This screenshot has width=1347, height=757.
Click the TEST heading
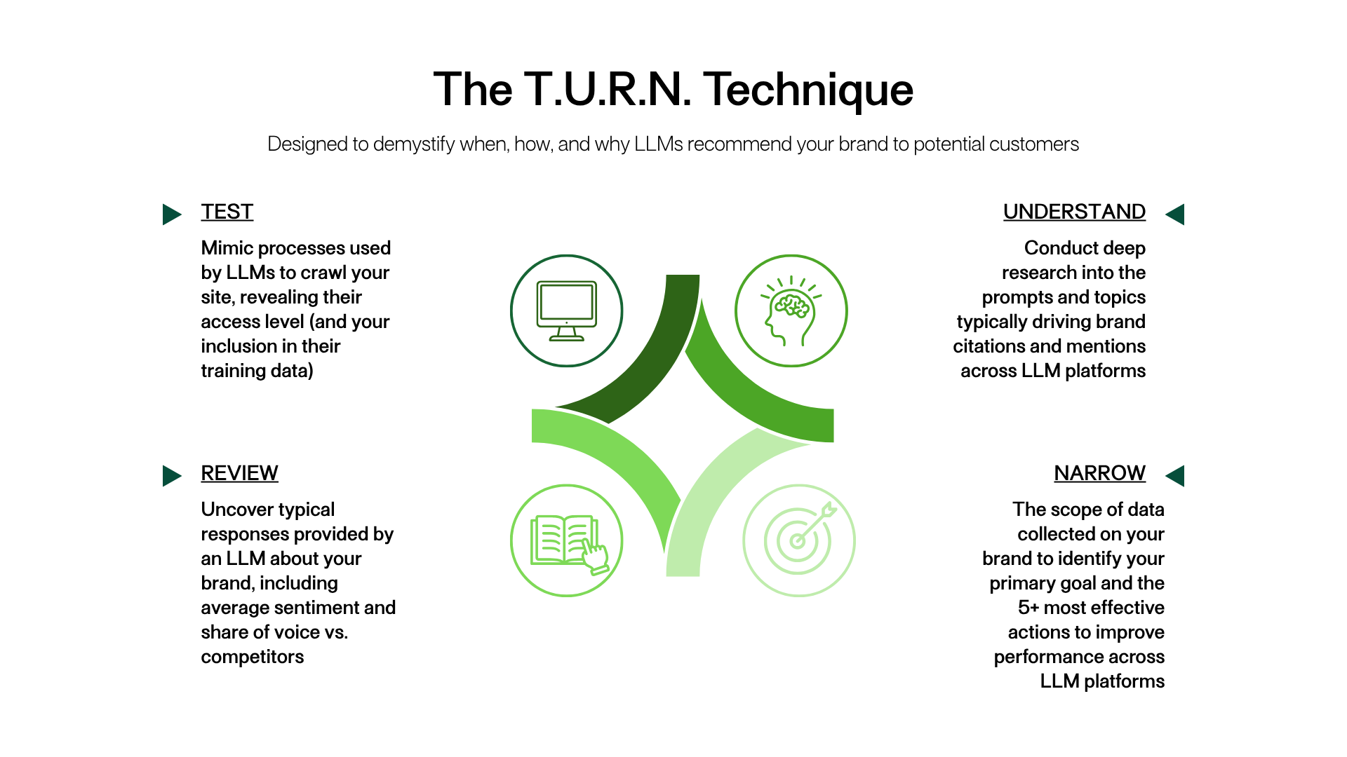227,212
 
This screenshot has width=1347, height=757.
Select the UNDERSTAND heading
1074,212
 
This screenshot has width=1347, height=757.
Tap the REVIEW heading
239,473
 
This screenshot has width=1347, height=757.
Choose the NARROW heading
1099,473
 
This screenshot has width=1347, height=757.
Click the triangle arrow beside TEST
172,214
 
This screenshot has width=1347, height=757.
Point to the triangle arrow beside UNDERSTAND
1175,214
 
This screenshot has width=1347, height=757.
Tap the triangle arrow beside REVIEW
172,476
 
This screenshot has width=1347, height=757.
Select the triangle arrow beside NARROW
1175,476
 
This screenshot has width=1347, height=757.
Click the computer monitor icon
567,311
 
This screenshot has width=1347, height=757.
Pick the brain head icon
791,311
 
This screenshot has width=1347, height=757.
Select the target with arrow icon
800,537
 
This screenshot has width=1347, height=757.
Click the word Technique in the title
808,90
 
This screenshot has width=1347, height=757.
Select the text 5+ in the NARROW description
1028,608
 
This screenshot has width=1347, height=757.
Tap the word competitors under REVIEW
253,657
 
